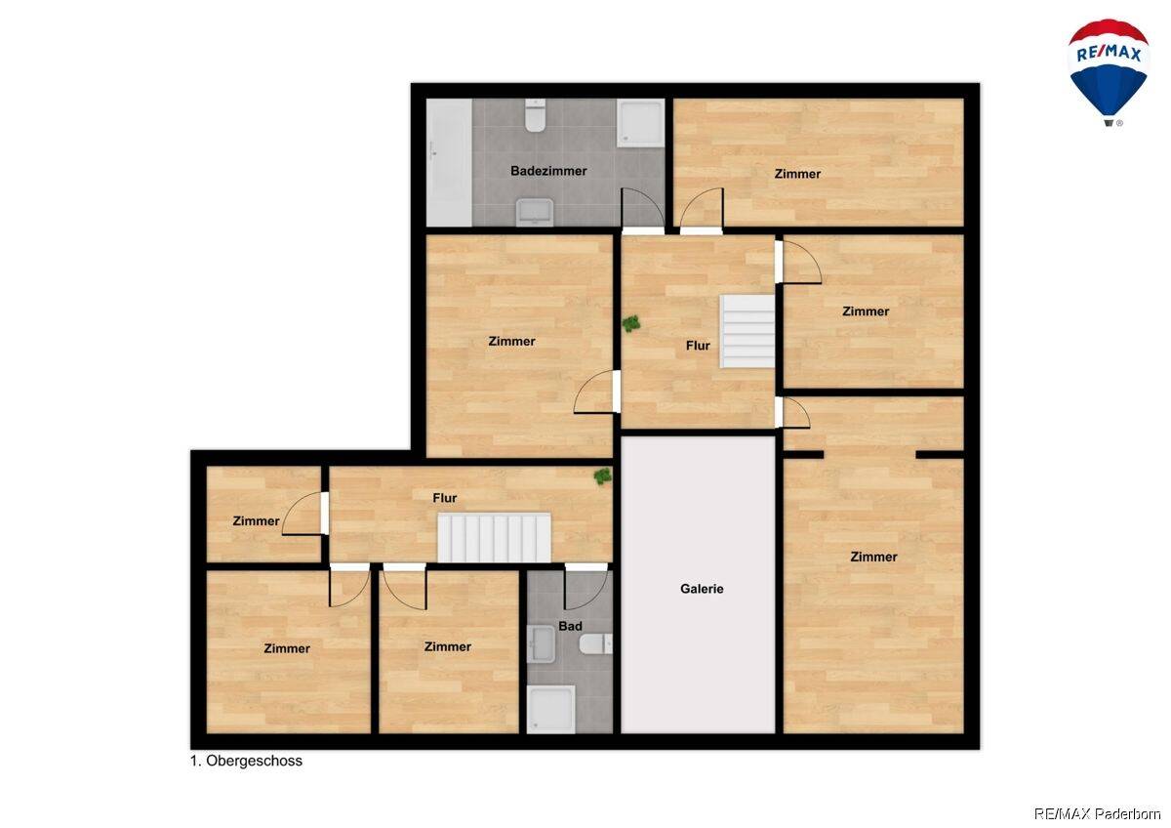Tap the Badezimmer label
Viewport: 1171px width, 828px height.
coord(548,171)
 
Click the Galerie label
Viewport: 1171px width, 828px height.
coord(702,589)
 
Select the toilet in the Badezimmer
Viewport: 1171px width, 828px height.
coord(536,115)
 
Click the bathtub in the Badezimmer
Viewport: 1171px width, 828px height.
coord(449,163)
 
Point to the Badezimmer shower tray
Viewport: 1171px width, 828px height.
coord(640,123)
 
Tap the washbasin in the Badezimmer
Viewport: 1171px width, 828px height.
coord(535,212)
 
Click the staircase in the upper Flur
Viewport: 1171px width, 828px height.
coord(747,332)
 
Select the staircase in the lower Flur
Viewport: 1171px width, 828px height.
coord(494,538)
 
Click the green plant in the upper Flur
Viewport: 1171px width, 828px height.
coord(631,324)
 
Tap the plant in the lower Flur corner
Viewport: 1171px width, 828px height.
coord(603,476)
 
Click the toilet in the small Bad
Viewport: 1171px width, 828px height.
coord(596,643)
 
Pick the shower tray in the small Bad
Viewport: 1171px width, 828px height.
coord(551,709)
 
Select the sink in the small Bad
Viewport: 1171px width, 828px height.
coord(541,644)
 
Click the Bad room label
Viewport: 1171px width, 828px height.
coord(570,626)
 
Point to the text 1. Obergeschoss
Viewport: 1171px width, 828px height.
coord(246,761)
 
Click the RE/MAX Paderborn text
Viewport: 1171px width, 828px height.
coord(1097,814)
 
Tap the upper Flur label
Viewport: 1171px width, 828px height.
coord(698,346)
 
